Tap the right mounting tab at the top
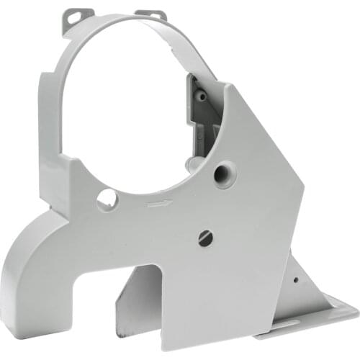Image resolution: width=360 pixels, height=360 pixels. pos(153,14)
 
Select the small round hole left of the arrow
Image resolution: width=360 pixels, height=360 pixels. pos(107,198)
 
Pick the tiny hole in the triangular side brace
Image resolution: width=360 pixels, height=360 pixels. pos(296,281)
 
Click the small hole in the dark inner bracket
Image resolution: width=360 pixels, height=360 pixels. pos(203,95)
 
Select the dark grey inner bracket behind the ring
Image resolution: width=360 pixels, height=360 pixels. pos(205,115)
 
